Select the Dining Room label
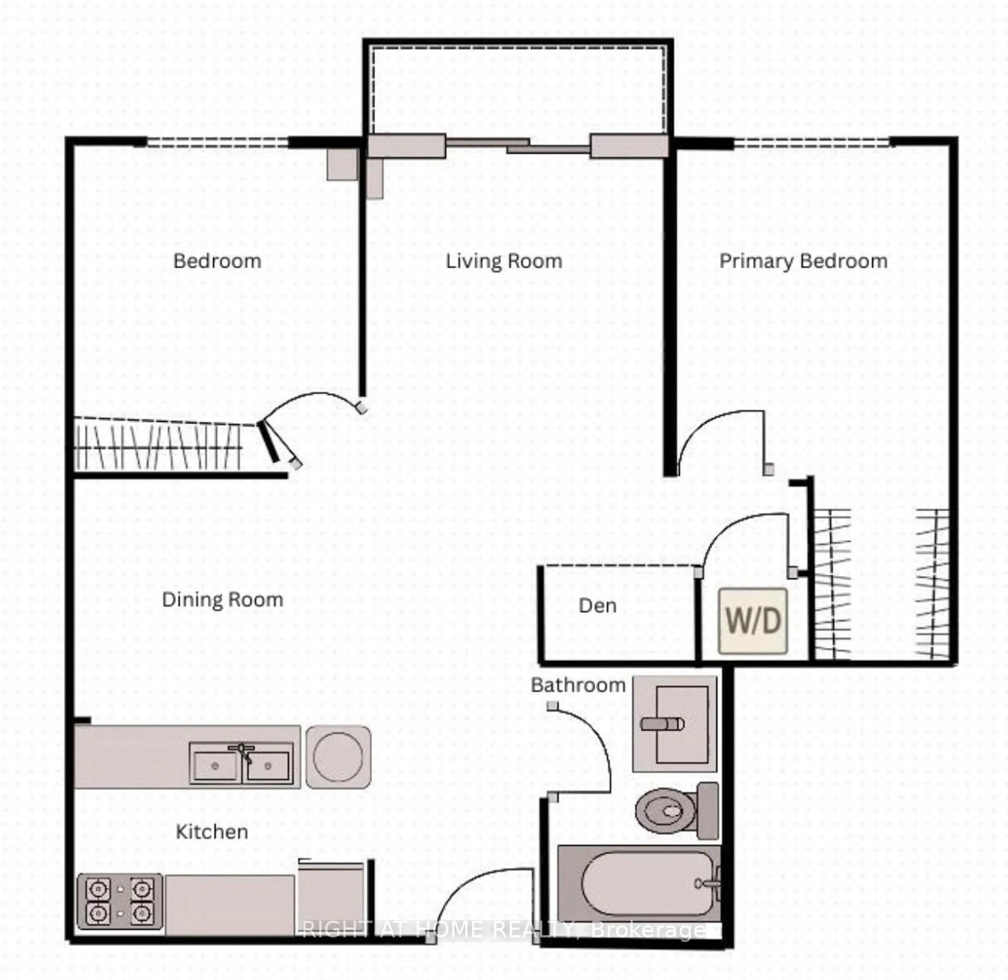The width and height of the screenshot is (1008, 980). (x=222, y=599)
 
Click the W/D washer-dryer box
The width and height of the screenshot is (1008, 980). (x=753, y=621)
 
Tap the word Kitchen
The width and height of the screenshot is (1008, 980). (x=212, y=831)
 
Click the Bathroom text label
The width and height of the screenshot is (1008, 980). (x=578, y=685)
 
